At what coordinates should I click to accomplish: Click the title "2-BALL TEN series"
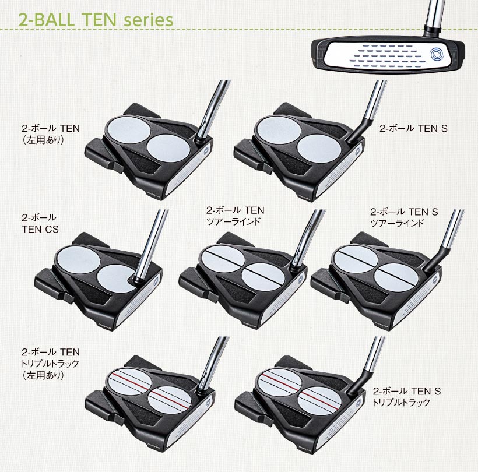(x=96, y=19)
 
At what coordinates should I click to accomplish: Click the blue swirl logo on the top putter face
(x=437, y=55)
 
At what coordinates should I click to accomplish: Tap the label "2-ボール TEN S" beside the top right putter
(x=413, y=128)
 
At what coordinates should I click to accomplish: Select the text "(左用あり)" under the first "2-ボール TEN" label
(x=43, y=140)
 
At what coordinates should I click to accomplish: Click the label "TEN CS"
(x=40, y=229)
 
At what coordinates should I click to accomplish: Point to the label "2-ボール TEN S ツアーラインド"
(x=404, y=217)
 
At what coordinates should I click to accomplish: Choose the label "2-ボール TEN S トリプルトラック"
(x=406, y=396)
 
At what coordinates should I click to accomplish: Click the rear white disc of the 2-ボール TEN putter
(x=128, y=130)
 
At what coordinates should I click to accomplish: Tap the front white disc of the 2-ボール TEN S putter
(x=319, y=149)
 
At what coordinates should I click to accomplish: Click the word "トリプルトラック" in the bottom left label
(x=50, y=364)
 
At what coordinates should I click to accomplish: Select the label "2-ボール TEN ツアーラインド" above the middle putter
(x=235, y=216)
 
